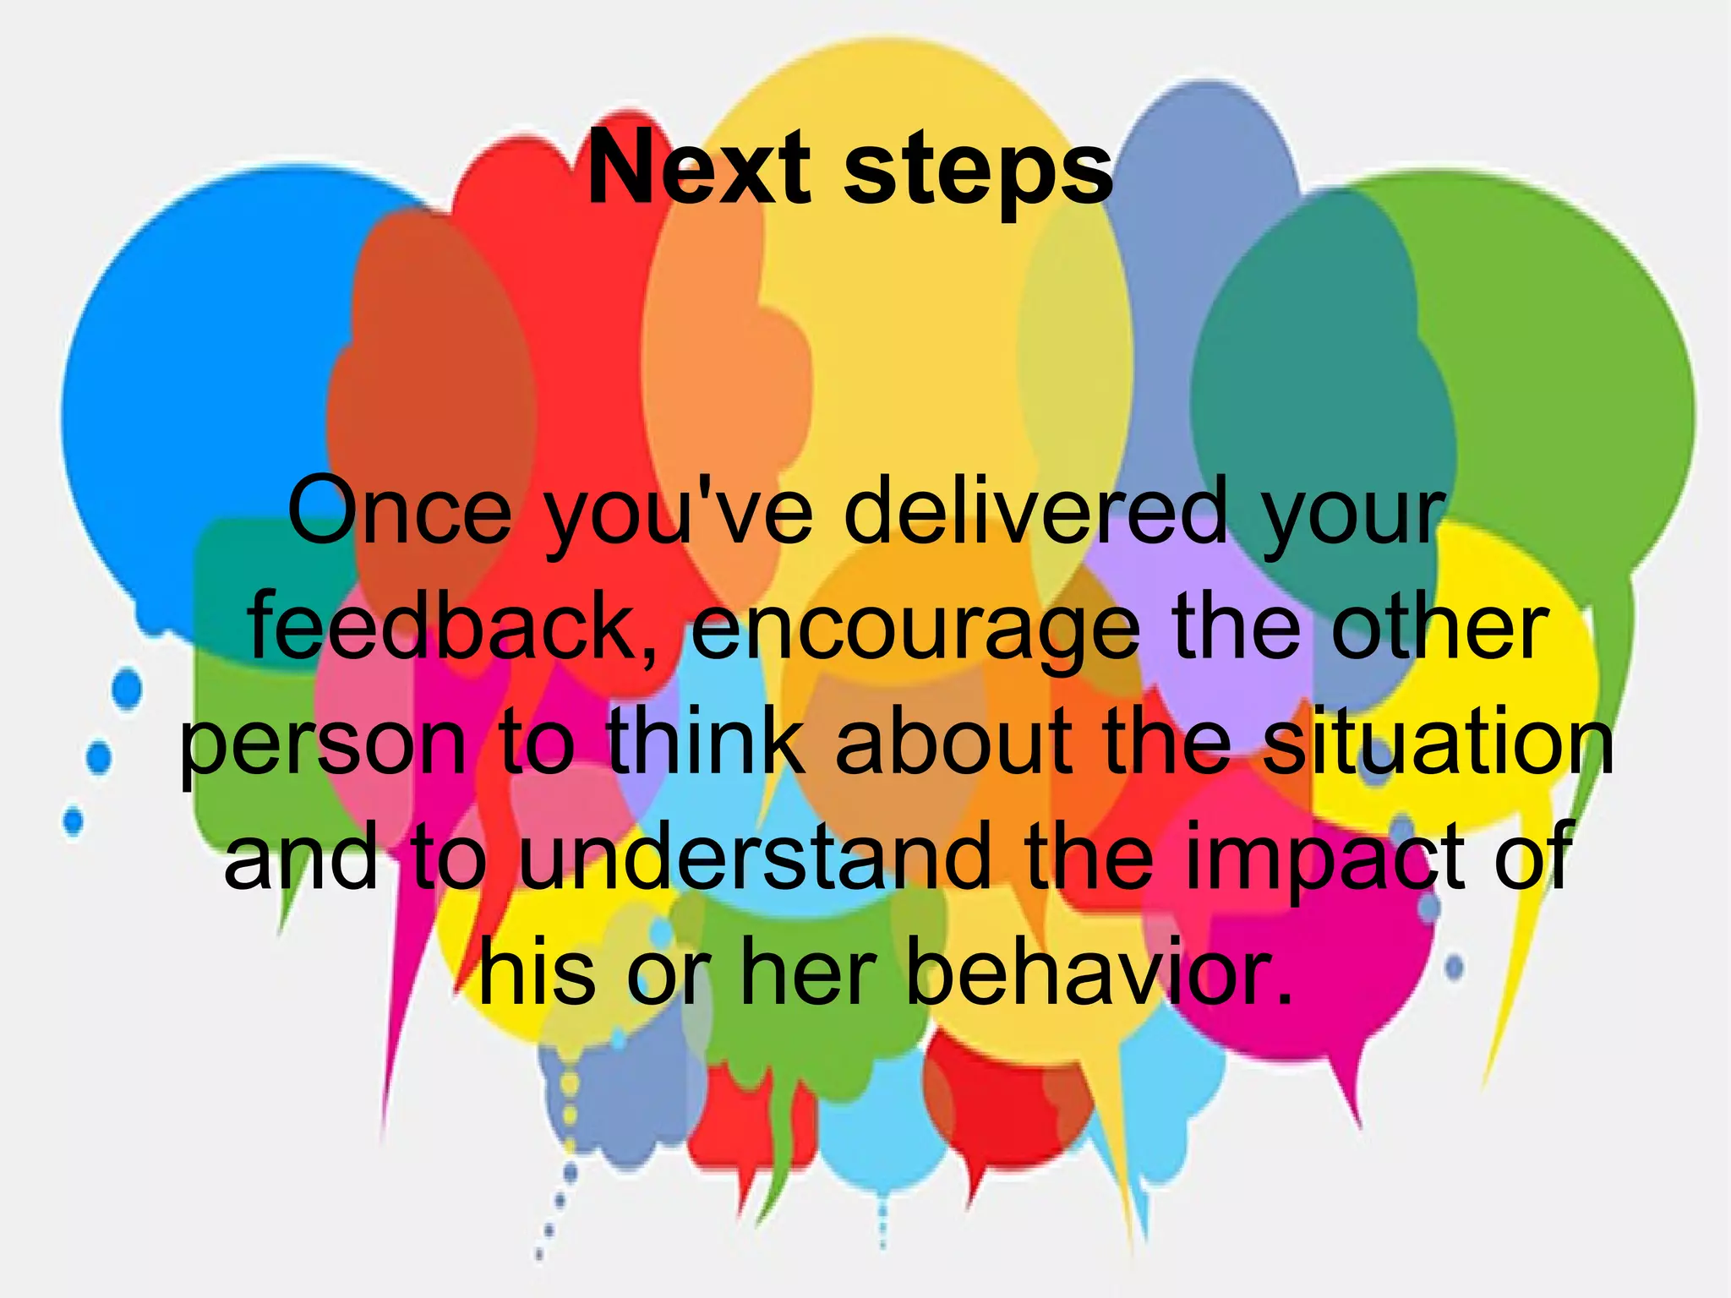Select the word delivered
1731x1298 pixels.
[1035, 510]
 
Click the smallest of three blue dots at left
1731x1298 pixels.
[74, 821]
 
